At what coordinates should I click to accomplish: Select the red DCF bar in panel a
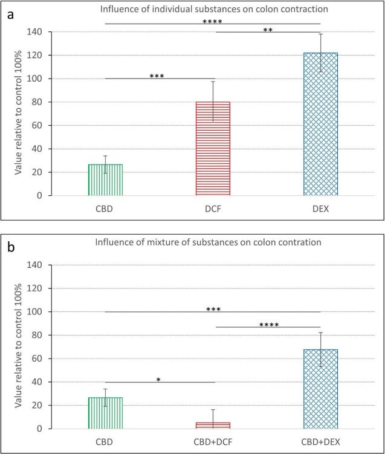(x=213, y=149)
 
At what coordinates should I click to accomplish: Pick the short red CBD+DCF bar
(x=213, y=426)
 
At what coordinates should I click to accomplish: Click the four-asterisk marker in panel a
(x=213, y=22)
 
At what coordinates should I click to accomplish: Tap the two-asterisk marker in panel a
(x=268, y=30)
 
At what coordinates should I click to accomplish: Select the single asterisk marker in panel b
(x=158, y=380)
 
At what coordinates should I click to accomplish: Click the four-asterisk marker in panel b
(x=268, y=325)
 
